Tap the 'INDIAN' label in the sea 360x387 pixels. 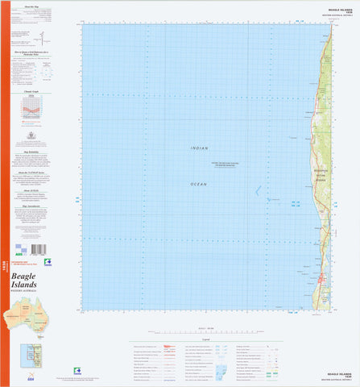coord(198,148)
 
